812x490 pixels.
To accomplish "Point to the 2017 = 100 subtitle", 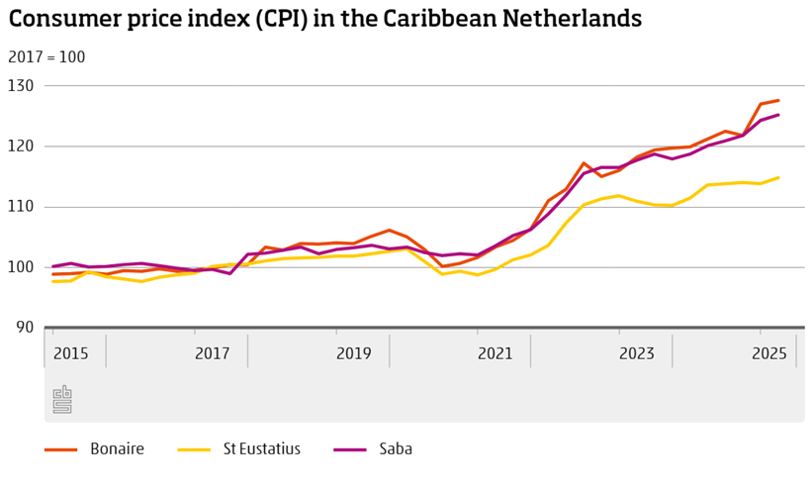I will [46, 57].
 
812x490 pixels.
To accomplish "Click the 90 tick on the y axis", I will [25, 328].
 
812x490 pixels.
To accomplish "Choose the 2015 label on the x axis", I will [70, 353].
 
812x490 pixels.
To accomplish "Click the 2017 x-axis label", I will [212, 353].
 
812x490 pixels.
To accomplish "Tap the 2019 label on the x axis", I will [353, 353].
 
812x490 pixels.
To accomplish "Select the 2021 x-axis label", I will [495, 353].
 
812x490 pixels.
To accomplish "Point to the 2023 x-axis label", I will [636, 353].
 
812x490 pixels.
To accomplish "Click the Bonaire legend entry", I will [117, 449].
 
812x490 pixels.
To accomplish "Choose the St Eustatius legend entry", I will [259, 449].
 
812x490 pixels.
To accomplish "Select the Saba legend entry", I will [395, 449].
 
